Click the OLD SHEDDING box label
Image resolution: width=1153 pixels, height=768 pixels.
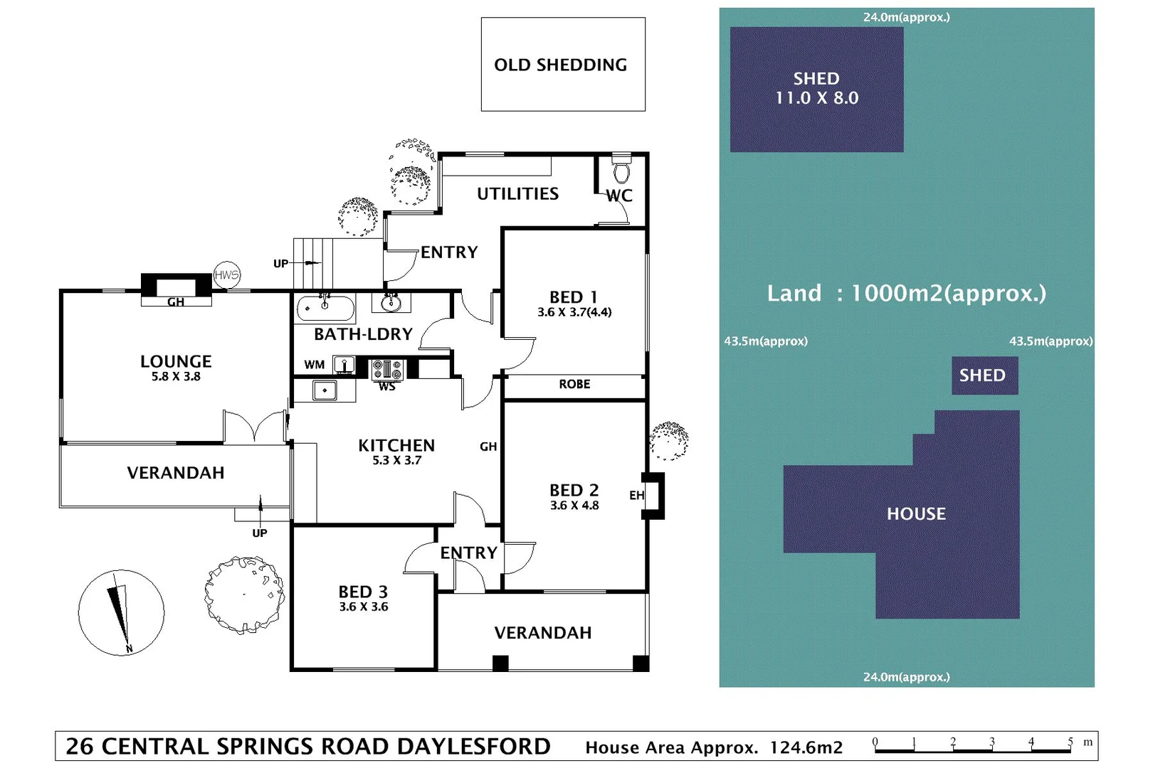(561, 65)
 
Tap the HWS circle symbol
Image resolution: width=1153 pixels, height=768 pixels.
(227, 275)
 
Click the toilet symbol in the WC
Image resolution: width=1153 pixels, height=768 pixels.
(621, 170)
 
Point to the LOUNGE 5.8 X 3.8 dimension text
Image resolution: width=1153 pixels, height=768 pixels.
(176, 377)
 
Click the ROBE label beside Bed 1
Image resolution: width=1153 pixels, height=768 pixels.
(574, 384)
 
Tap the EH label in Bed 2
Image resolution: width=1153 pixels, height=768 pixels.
(636, 495)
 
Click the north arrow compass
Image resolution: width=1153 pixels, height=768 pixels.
(121, 612)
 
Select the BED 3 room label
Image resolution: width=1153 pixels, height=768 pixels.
(363, 592)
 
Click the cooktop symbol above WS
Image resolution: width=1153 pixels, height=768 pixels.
(388, 369)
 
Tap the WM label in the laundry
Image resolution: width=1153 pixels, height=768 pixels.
(314, 365)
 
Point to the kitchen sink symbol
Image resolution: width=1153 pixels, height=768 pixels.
(325, 390)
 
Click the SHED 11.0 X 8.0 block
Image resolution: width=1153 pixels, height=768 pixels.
(816, 89)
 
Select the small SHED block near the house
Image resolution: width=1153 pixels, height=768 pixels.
(984, 375)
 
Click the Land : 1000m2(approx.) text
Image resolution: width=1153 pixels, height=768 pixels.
(906, 293)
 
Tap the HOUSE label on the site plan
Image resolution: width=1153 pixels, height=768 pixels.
(916, 513)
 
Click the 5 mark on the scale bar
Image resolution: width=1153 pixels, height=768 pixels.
(1070, 742)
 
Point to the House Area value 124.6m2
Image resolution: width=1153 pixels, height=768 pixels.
(806, 747)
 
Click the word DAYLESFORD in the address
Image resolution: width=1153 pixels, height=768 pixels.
(473, 747)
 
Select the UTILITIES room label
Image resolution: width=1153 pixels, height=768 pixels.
(517, 193)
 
